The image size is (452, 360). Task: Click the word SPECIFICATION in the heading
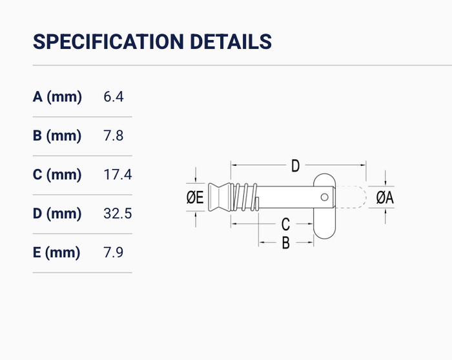108,42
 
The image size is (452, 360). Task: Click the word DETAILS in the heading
231,42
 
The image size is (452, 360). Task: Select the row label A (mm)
57,97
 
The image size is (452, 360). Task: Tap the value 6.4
114,97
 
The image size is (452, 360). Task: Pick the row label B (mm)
57,135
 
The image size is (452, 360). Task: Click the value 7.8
113,135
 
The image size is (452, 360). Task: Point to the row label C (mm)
57,175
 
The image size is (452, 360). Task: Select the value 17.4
118,175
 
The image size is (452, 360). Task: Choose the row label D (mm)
57,214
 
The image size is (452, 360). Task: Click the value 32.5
118,214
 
